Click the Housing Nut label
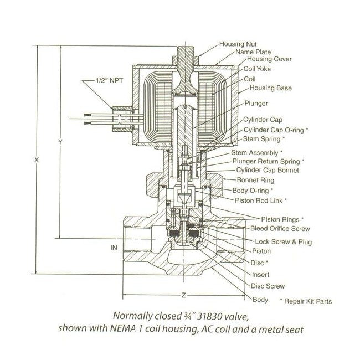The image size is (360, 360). click(239, 44)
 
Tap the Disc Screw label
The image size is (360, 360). click(268, 286)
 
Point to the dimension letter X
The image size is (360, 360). click(36, 160)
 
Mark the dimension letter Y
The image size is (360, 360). click(60, 142)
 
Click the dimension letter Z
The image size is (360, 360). click(183, 294)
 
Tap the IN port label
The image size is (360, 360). click(114, 248)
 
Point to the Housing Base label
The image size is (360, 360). click(271, 88)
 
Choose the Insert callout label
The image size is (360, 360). click(261, 274)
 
